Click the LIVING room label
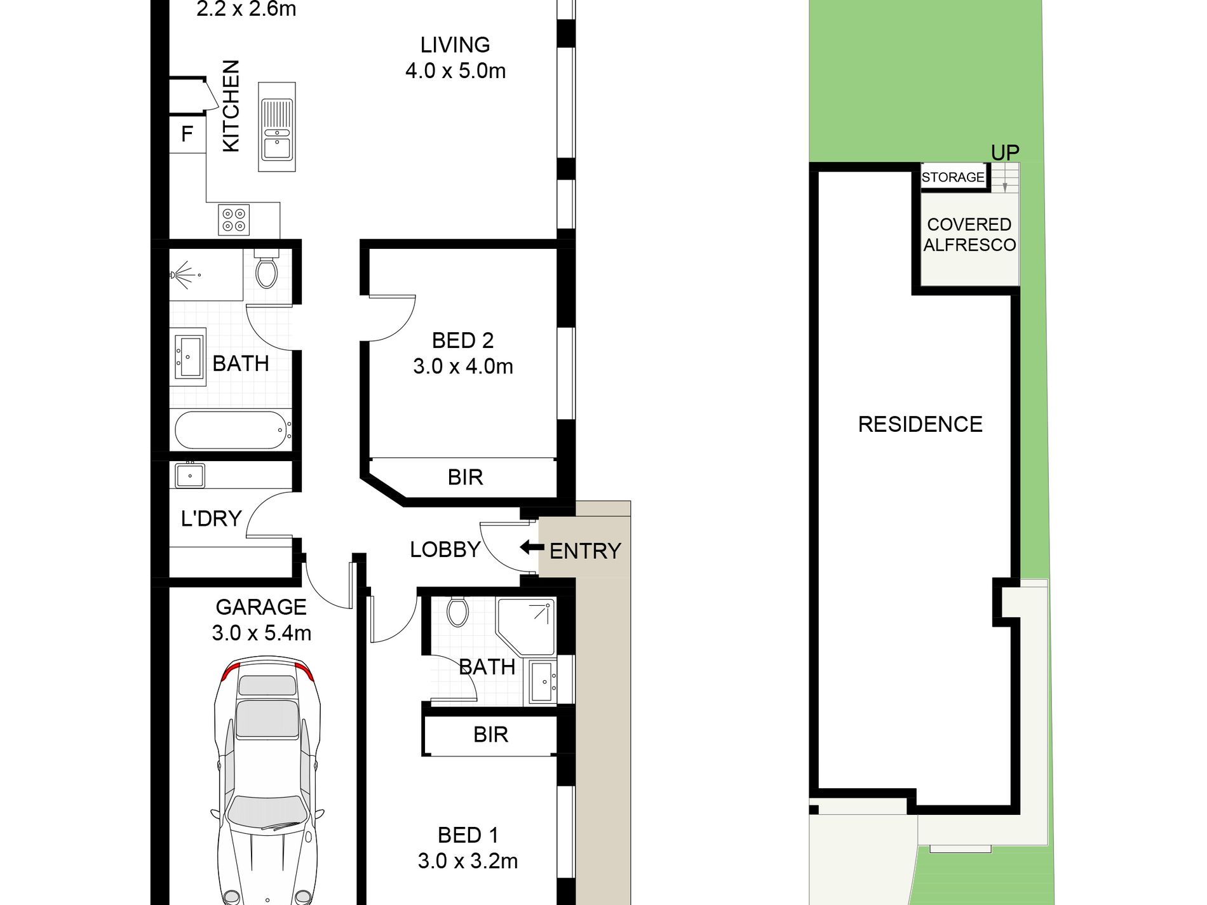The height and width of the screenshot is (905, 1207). point(455,45)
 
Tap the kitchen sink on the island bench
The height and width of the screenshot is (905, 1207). point(277,127)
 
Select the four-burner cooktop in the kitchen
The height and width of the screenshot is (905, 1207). point(233,220)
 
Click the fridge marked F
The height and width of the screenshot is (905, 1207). point(187,134)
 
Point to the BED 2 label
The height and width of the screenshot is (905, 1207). point(462,340)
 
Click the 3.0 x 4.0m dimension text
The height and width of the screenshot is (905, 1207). point(462,366)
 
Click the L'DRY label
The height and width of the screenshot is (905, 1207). point(211,518)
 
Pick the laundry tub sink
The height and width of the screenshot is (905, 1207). point(189,475)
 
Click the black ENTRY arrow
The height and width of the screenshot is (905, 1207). point(532,547)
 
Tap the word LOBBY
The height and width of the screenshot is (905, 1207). point(445,549)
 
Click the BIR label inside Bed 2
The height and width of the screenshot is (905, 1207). point(465,477)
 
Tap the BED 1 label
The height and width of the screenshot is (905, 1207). point(468,835)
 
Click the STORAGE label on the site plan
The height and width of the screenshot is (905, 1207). point(953,177)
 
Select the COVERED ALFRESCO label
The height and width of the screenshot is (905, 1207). point(969,234)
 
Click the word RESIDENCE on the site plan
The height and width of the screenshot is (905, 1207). point(920,424)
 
